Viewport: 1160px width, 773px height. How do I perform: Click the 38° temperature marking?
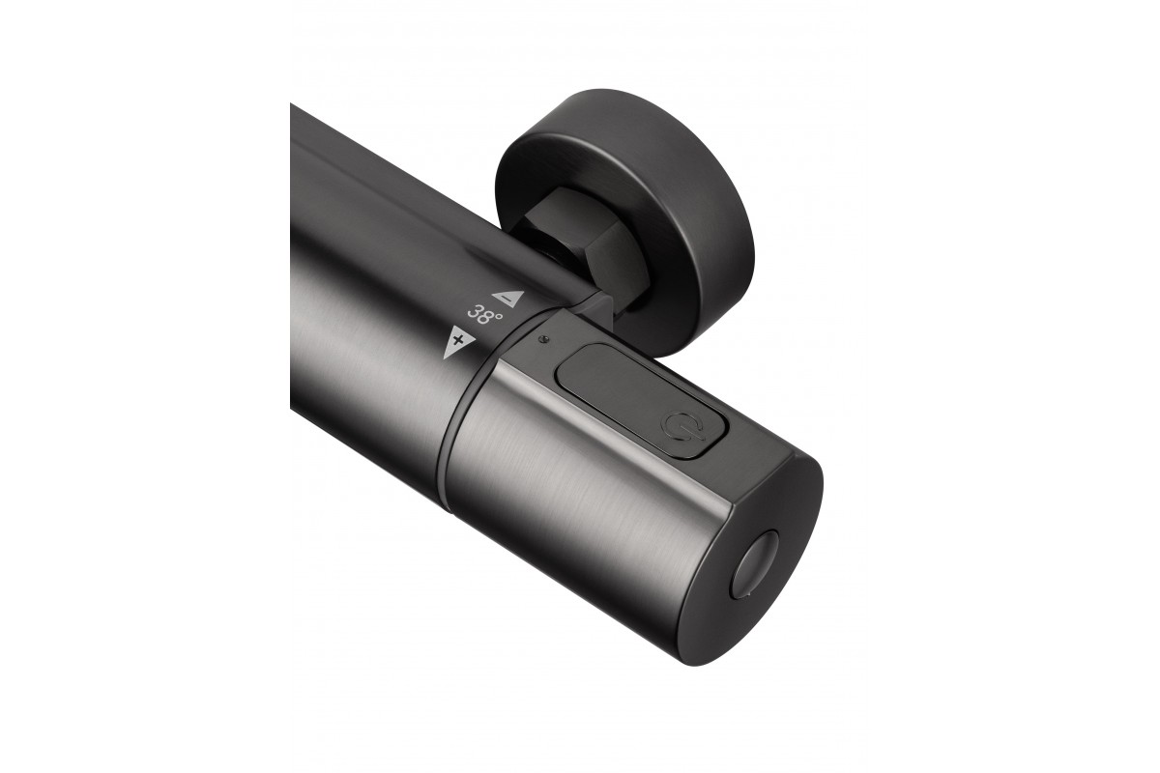click(484, 315)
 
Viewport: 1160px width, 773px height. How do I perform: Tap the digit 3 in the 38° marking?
click(475, 313)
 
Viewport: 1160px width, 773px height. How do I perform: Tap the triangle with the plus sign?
click(458, 342)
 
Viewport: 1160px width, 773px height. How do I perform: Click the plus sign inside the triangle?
click(456, 340)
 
